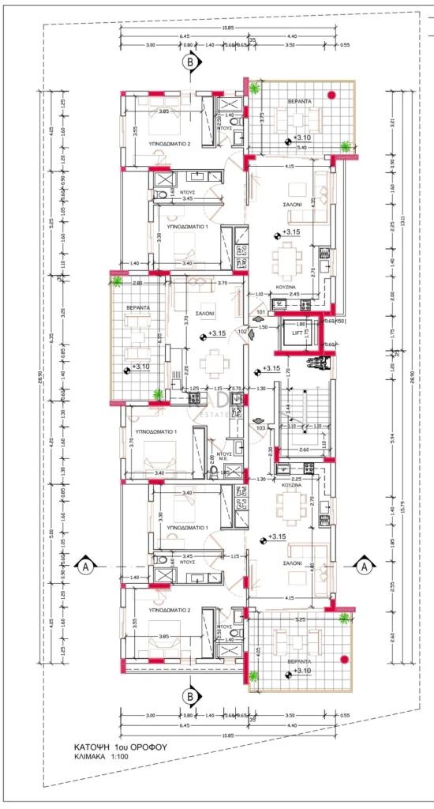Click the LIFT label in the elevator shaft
[x=299, y=334]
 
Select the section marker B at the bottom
[x=189, y=696]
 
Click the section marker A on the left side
[x=85, y=566]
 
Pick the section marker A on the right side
[x=363, y=566]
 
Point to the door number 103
[x=261, y=427]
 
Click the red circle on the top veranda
[x=332, y=96]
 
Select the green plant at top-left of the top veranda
[x=255, y=88]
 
